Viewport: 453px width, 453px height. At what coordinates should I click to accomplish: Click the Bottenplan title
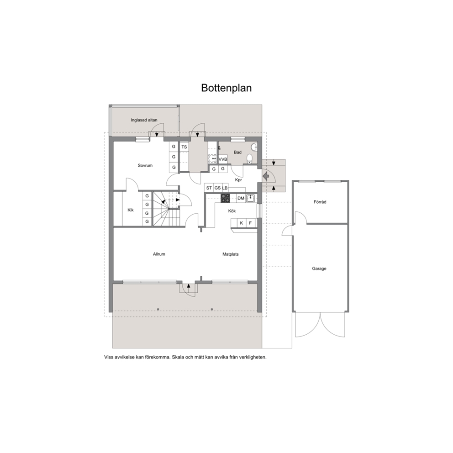(x=226, y=88)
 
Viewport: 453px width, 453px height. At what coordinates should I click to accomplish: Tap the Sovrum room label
(x=145, y=166)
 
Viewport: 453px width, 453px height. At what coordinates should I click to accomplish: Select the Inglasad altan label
(x=144, y=120)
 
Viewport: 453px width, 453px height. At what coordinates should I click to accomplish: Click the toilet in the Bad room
(x=250, y=158)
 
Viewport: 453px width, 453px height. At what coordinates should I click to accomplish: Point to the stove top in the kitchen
(x=225, y=198)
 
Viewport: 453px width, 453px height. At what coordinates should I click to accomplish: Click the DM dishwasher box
(x=241, y=198)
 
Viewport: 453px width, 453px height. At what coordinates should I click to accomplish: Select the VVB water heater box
(x=223, y=159)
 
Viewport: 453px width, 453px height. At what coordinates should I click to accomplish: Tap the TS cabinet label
(x=184, y=147)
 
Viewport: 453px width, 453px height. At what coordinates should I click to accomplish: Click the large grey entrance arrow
(x=266, y=175)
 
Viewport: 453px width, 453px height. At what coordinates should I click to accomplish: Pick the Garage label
(x=319, y=269)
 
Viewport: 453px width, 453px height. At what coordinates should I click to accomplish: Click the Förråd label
(x=320, y=202)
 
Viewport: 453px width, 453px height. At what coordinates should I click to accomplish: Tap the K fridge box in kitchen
(x=242, y=223)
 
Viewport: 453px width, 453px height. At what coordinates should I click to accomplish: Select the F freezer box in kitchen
(x=251, y=223)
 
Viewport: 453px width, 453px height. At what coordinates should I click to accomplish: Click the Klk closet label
(x=131, y=210)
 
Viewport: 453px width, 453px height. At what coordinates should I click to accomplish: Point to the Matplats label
(x=231, y=254)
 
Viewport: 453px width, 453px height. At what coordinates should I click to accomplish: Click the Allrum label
(x=159, y=254)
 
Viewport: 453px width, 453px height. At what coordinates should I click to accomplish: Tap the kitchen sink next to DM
(x=251, y=198)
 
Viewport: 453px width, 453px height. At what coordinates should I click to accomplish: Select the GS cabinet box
(x=217, y=188)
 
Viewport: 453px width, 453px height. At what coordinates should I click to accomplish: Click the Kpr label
(x=238, y=180)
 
